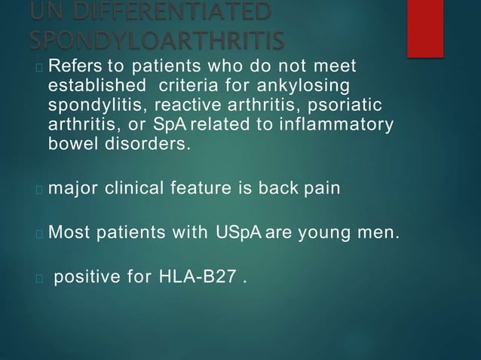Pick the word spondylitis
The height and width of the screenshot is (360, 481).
tap(95, 105)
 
